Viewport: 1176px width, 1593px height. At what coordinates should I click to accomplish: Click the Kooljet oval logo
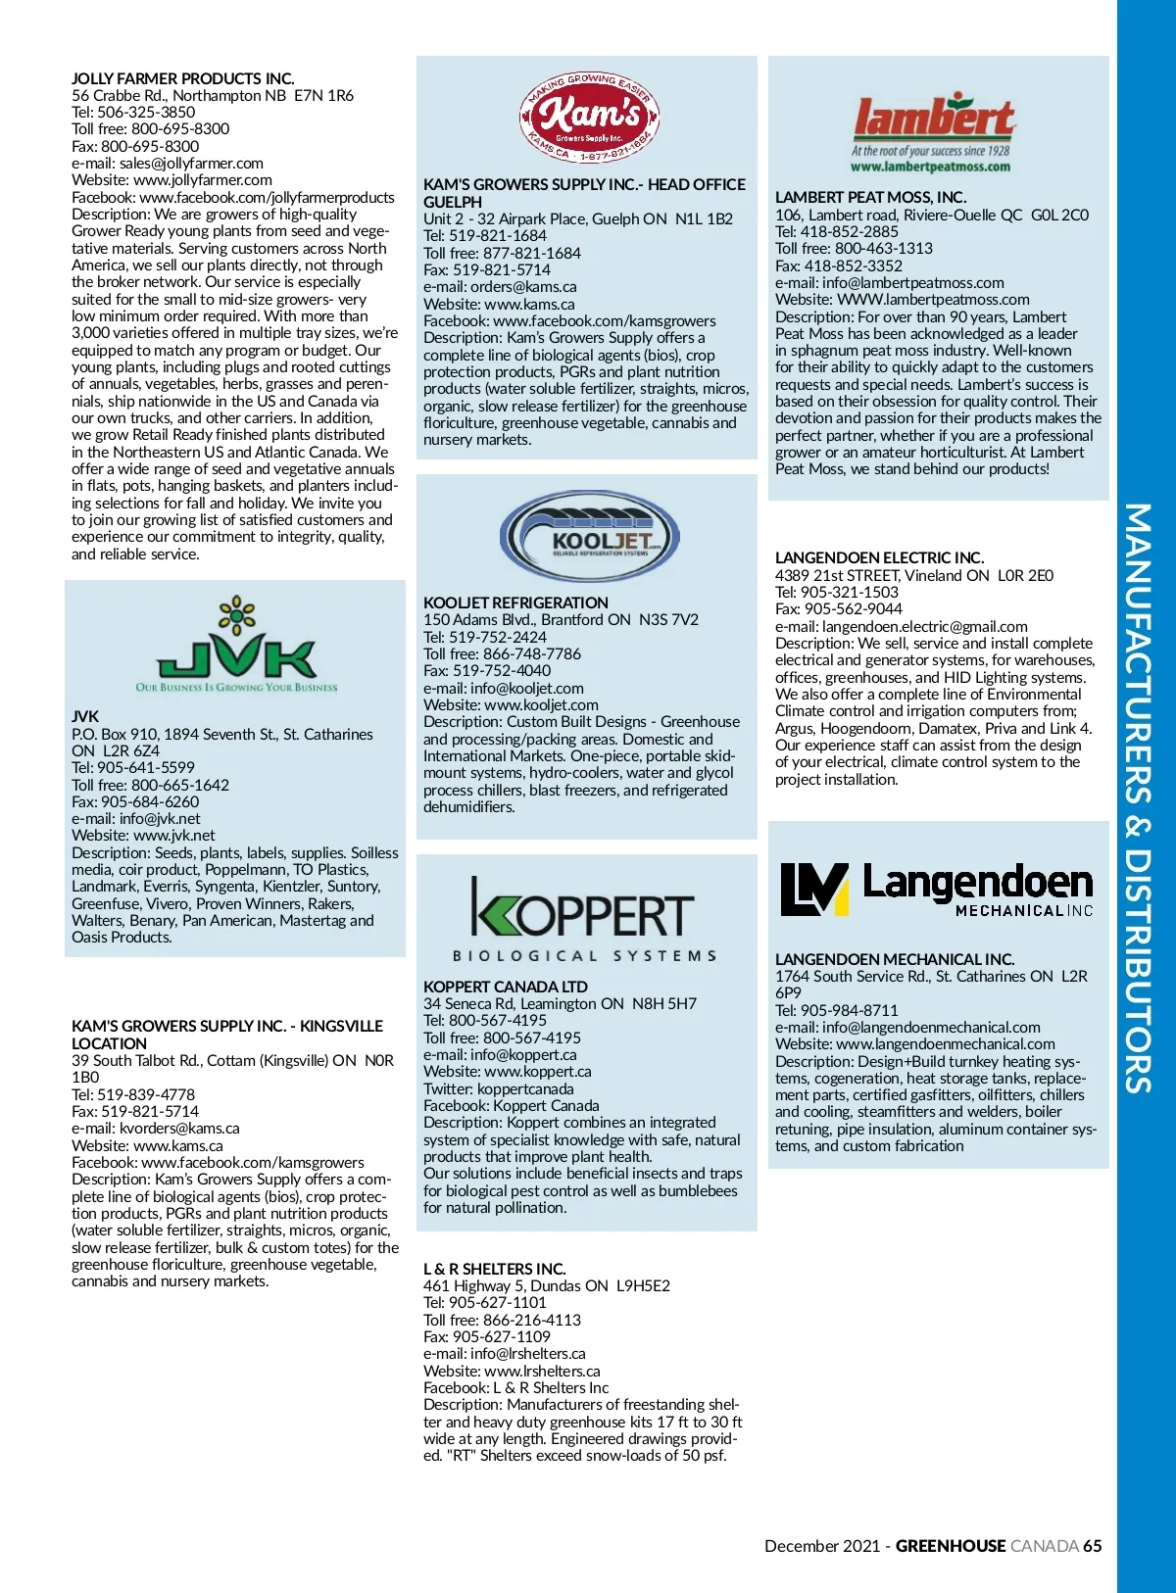point(589,537)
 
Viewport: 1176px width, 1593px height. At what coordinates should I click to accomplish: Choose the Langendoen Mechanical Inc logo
point(936,890)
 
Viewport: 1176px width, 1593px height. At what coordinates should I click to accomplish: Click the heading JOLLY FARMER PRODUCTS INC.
point(182,78)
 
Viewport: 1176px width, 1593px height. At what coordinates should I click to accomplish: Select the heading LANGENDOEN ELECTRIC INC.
point(879,557)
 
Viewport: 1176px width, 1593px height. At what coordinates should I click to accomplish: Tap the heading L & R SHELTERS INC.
point(494,1269)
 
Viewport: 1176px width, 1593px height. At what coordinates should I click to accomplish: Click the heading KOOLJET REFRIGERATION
point(515,603)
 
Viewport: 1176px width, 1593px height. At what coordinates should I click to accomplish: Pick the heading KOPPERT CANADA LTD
point(506,987)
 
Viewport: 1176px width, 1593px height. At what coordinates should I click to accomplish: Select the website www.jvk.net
point(174,836)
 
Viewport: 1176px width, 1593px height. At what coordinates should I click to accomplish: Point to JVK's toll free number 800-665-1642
point(180,785)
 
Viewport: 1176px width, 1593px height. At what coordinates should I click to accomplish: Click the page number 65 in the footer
point(1092,1546)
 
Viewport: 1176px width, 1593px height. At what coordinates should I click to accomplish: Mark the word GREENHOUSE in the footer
point(950,1546)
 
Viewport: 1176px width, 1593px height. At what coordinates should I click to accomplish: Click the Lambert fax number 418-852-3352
point(853,265)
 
